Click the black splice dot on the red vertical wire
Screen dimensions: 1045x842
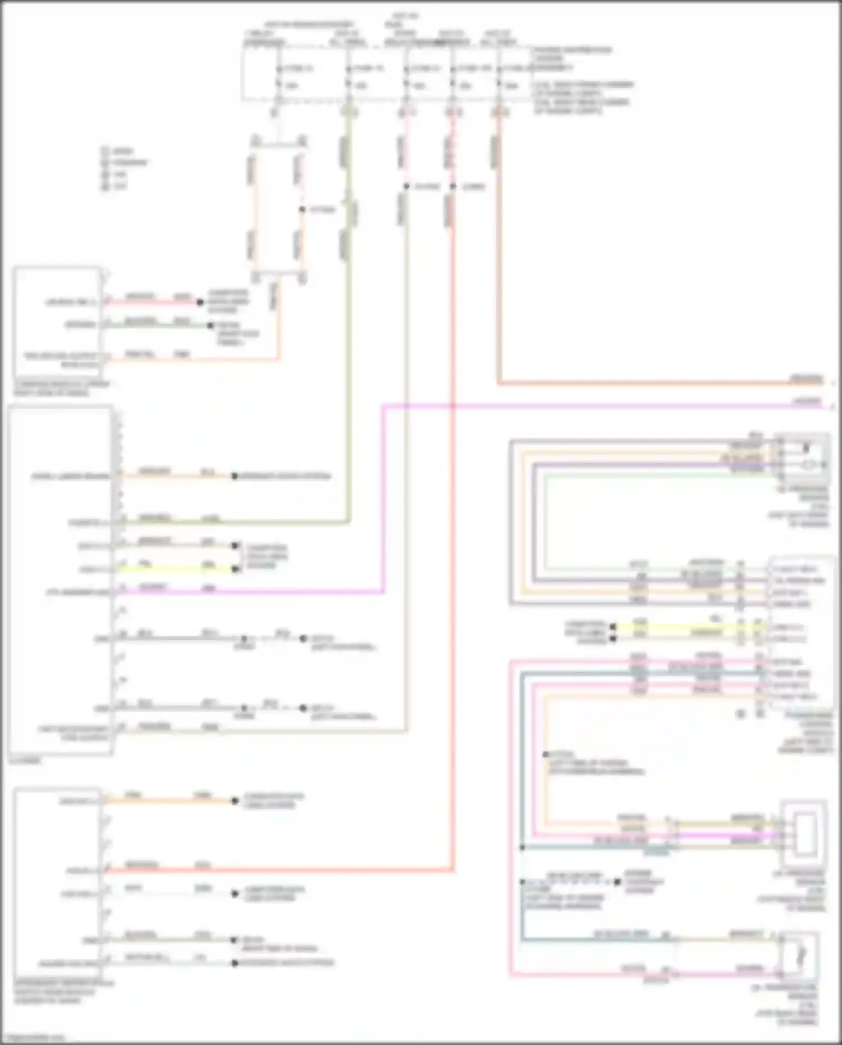pos(452,186)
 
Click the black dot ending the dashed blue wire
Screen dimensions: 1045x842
pos(617,882)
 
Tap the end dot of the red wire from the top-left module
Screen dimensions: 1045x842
pos(199,303)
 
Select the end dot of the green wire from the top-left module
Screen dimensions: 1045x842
pos(210,325)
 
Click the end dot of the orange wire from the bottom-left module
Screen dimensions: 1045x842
pos(235,801)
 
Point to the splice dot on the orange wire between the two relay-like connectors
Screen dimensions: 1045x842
pos(302,209)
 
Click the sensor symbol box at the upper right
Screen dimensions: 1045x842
pos(803,457)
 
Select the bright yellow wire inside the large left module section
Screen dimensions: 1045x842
pos(174,569)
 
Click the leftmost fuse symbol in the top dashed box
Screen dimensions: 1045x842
pos(278,77)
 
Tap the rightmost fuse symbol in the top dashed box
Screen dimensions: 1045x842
pos(498,77)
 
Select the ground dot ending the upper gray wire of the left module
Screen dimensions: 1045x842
pos(303,639)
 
